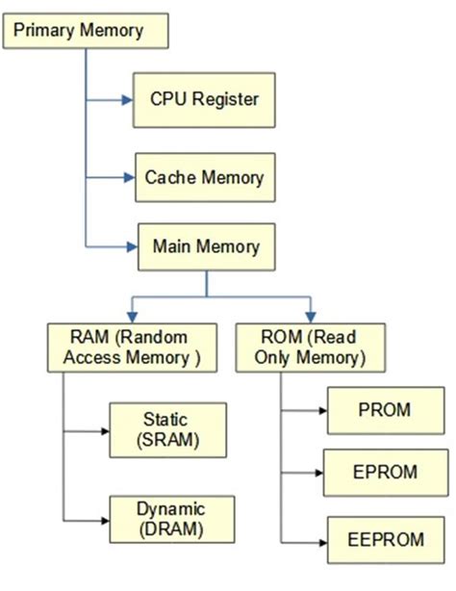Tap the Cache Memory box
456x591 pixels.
point(204,178)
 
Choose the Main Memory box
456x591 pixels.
point(207,245)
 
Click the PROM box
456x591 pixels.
point(384,410)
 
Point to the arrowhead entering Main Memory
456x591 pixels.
point(135,246)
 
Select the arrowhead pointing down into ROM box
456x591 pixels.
point(310,317)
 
